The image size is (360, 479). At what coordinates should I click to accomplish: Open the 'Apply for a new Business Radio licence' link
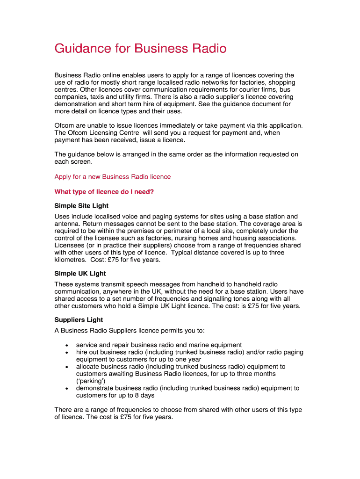click(113, 177)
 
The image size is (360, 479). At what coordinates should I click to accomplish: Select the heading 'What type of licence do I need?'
click(104, 192)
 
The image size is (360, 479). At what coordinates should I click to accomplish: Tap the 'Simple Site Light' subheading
click(81, 206)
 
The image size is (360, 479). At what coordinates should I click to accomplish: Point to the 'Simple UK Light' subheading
click(80, 274)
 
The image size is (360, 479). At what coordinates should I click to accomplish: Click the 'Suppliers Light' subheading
click(79, 320)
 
